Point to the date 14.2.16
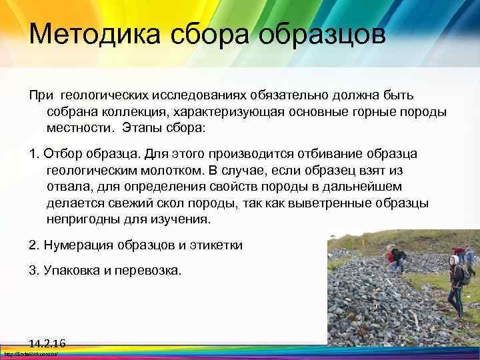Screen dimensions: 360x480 47,343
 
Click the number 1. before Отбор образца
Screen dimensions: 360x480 35,154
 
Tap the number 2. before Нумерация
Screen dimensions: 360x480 35,245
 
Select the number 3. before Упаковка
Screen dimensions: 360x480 35,271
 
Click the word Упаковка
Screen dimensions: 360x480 75,271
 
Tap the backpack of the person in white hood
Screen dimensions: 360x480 464,275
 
